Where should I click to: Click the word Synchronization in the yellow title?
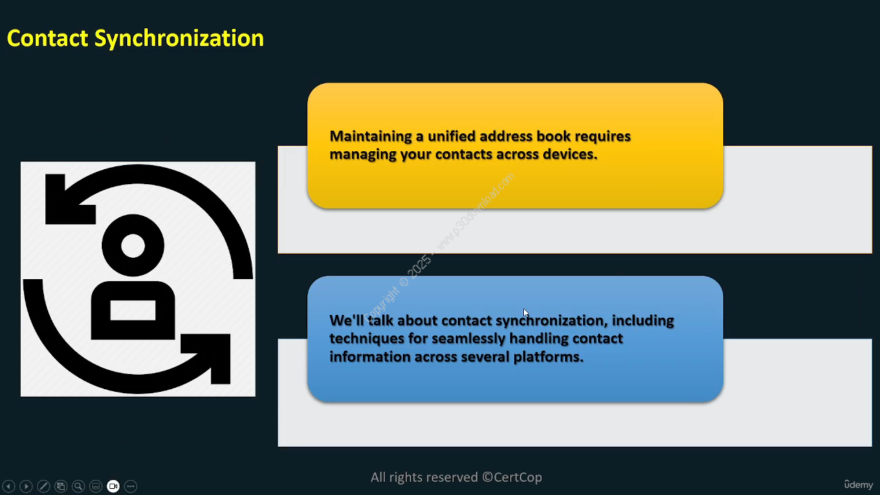pos(179,39)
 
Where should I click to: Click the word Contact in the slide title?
pos(47,38)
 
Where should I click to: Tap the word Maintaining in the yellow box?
pos(371,137)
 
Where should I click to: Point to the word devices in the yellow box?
pos(570,154)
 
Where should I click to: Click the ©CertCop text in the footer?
pos(512,477)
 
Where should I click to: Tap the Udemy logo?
pos(859,485)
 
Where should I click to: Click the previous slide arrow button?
pos(9,486)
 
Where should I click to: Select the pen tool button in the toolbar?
pos(43,486)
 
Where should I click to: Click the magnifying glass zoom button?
pos(78,486)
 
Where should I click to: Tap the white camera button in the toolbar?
pos(113,486)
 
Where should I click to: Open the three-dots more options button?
pos(131,486)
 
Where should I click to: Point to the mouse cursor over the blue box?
pos(526,313)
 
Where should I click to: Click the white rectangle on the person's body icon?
pos(133,310)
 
